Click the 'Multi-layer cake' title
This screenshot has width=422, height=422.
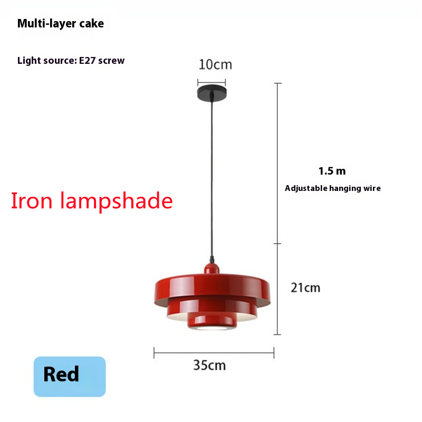(x=61, y=24)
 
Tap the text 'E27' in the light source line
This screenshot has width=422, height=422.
(x=87, y=61)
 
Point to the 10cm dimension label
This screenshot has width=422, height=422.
(x=215, y=65)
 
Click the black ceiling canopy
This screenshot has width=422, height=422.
(x=212, y=93)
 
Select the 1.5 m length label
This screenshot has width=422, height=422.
(x=332, y=171)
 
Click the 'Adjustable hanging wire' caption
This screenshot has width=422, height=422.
(x=333, y=188)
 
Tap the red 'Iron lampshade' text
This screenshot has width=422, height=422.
(x=92, y=201)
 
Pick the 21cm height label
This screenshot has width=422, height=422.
(x=305, y=287)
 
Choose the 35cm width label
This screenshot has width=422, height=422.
(x=209, y=366)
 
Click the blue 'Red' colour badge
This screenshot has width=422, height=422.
(x=70, y=377)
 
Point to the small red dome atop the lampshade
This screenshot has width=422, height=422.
(x=212, y=268)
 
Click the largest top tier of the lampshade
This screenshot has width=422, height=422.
(x=213, y=290)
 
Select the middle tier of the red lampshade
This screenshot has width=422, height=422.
(x=212, y=310)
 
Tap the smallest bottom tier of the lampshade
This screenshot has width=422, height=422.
(x=212, y=322)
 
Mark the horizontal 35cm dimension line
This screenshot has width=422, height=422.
(x=214, y=353)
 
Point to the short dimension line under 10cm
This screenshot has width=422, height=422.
(x=212, y=82)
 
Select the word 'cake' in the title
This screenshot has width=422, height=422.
(x=91, y=24)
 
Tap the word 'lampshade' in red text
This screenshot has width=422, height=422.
(x=116, y=202)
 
